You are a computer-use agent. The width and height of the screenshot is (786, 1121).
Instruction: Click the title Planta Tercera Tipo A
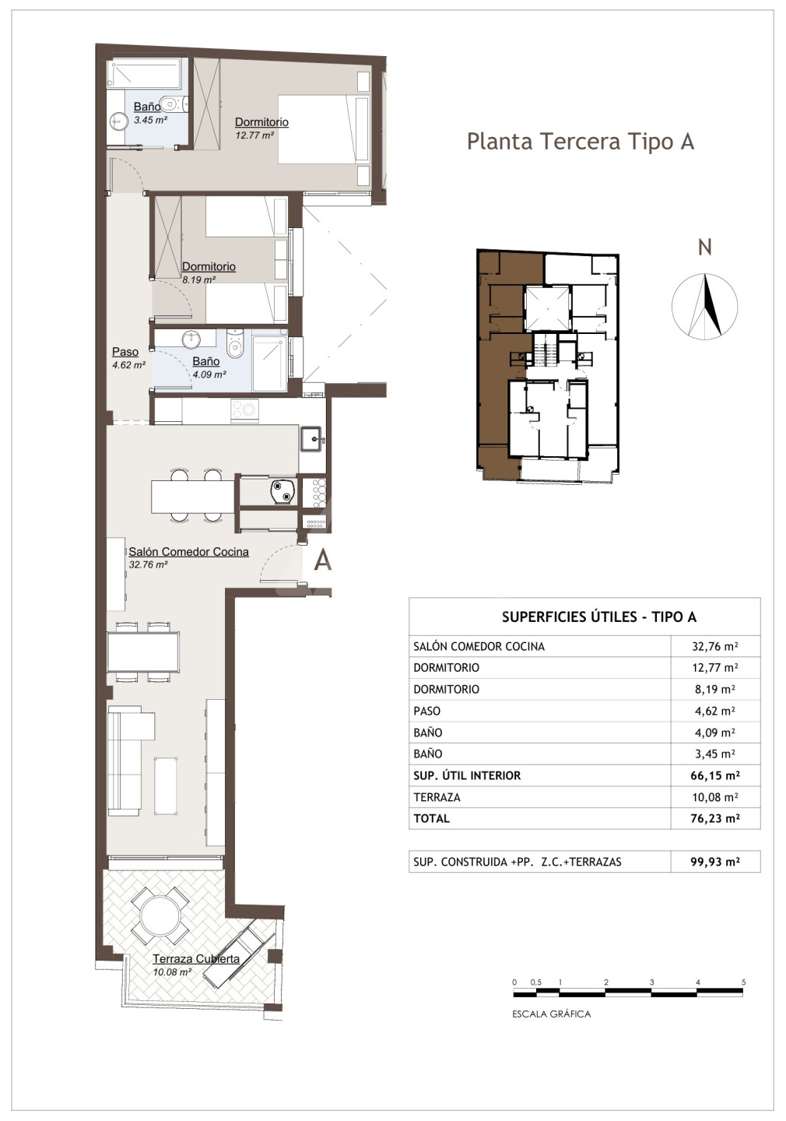(x=581, y=142)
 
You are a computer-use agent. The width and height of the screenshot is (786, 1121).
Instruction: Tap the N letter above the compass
(x=704, y=248)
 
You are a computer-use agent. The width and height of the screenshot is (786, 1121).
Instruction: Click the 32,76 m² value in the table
(x=715, y=646)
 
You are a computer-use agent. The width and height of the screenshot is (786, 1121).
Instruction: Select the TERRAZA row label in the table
(x=437, y=797)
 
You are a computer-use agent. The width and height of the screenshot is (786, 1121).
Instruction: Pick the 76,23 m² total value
(x=715, y=819)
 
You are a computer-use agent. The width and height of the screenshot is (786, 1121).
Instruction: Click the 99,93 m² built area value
(x=715, y=862)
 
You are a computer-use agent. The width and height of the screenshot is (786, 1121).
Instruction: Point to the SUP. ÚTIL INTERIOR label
(x=467, y=775)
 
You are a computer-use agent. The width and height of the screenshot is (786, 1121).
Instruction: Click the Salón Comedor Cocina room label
(x=188, y=551)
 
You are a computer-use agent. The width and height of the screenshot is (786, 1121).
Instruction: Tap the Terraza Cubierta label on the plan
(x=196, y=959)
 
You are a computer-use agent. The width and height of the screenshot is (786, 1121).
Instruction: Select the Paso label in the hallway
(x=125, y=352)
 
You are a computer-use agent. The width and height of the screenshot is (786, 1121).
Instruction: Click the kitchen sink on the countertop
(x=313, y=439)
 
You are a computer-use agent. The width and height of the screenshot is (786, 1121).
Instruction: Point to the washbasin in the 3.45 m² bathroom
(x=118, y=120)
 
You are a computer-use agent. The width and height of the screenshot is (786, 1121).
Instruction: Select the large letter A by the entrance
(x=323, y=560)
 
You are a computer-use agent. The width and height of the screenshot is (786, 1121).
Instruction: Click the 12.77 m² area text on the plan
(x=254, y=135)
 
